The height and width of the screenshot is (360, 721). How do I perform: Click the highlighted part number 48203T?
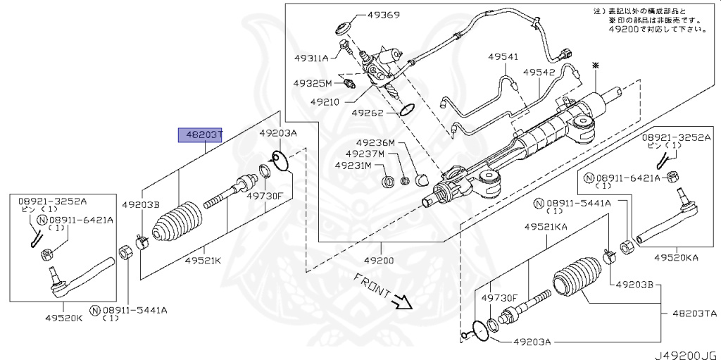click(200, 135)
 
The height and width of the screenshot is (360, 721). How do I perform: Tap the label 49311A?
click(311, 58)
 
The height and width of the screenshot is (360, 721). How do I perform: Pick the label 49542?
click(539, 72)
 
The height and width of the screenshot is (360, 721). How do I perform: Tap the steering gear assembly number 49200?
click(379, 260)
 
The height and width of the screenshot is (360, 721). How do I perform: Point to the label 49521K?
click(203, 261)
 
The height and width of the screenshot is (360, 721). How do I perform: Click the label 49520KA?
click(676, 257)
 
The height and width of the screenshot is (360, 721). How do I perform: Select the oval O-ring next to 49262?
click(406, 109)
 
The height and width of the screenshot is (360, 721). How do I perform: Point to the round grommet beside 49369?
click(344, 29)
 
